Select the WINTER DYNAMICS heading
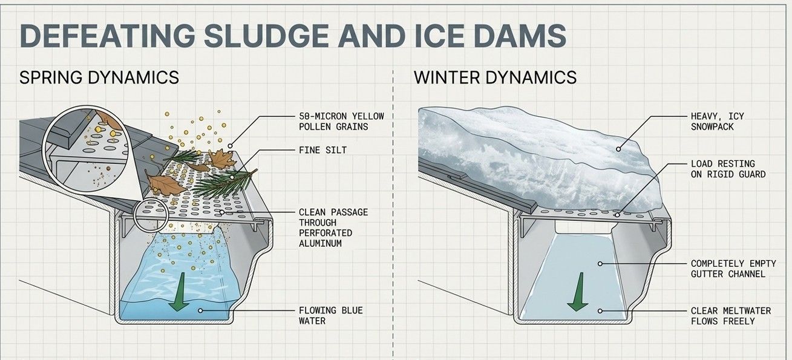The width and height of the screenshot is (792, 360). click(x=495, y=77)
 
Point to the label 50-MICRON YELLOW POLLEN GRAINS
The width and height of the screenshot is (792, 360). click(x=341, y=121)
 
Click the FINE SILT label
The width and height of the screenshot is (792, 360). click(x=322, y=149)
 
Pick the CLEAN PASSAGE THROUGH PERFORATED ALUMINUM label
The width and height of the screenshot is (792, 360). click(x=333, y=227)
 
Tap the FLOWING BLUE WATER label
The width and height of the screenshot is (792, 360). click(x=330, y=315)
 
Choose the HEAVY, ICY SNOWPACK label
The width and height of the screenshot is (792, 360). click(x=717, y=121)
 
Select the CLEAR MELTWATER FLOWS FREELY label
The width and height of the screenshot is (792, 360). click(x=731, y=315)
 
